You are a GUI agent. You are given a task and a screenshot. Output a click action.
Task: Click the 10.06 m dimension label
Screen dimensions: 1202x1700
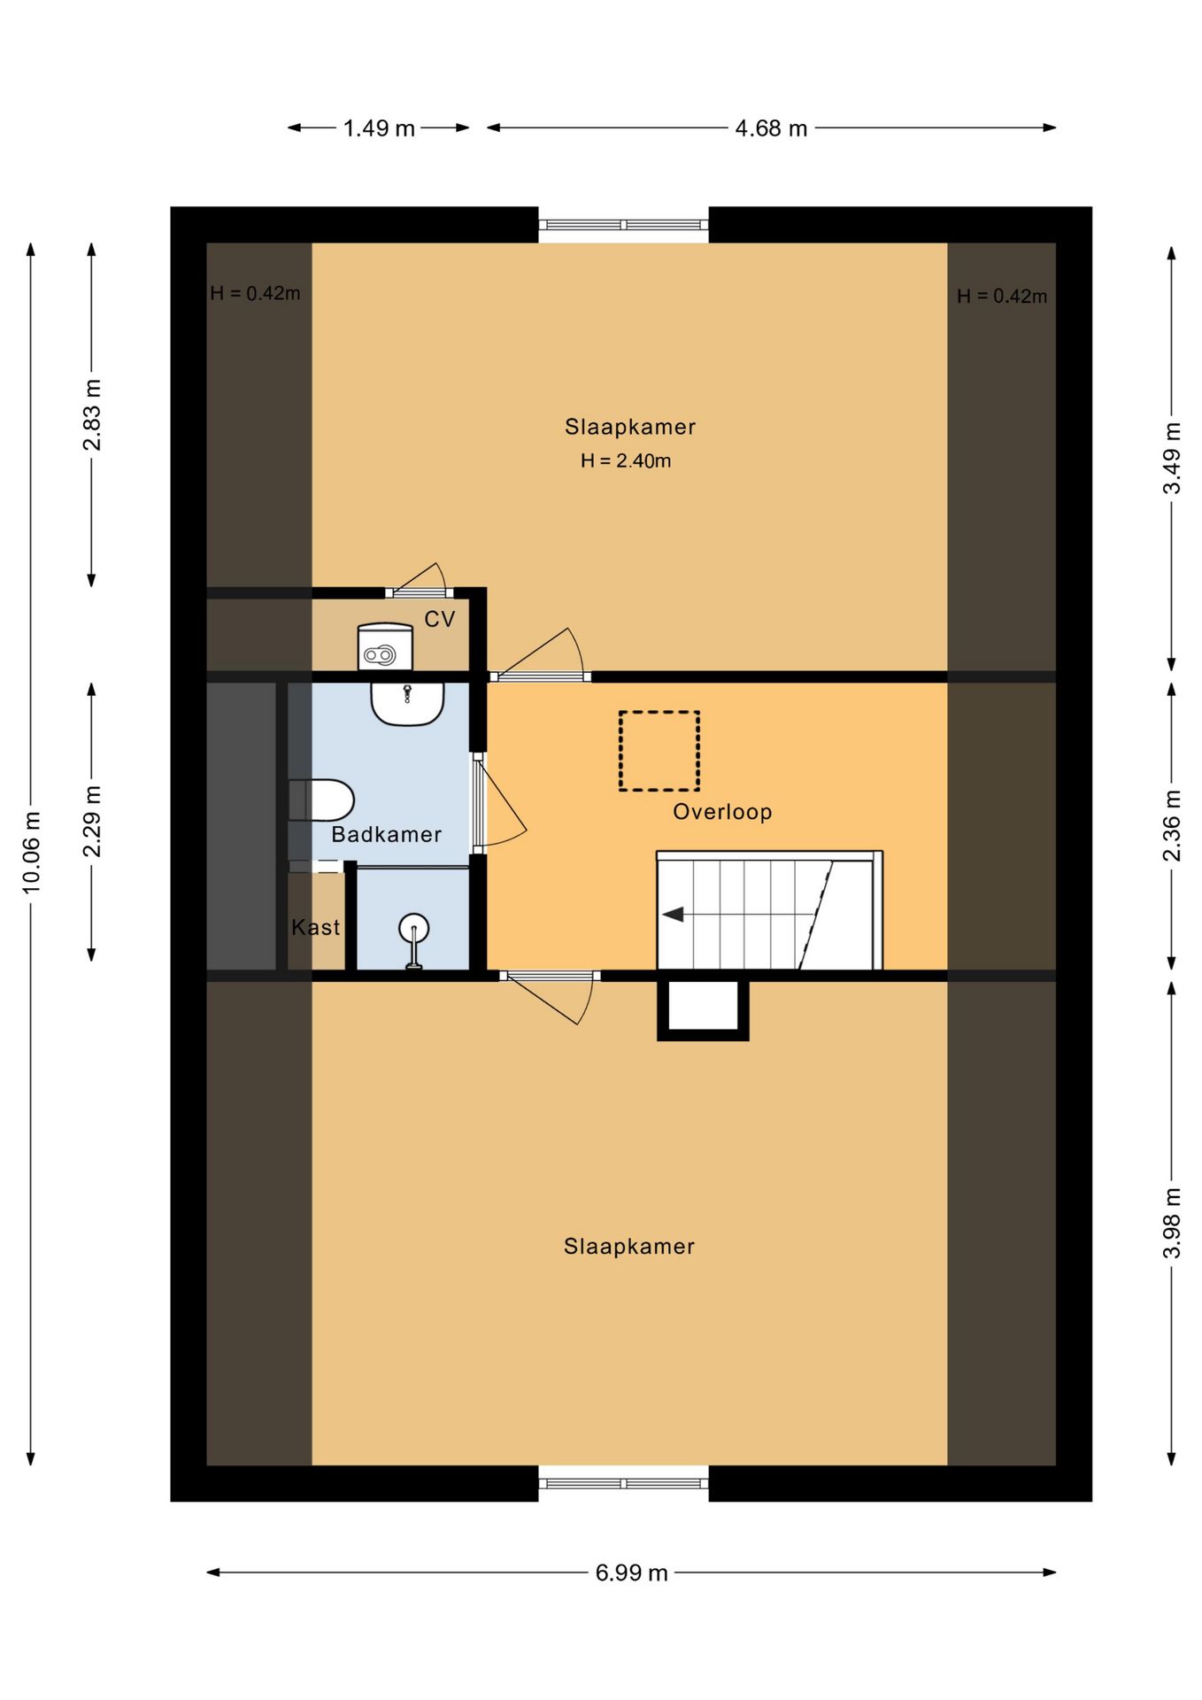(x=31, y=852)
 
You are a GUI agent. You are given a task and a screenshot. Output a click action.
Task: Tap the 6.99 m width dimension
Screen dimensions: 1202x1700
(x=631, y=1572)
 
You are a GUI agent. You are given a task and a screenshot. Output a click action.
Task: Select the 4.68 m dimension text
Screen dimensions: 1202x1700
(x=771, y=128)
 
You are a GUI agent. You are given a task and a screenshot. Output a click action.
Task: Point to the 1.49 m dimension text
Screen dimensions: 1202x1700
(x=379, y=128)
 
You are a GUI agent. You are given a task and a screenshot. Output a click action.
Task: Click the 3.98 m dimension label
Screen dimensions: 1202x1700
(x=1172, y=1223)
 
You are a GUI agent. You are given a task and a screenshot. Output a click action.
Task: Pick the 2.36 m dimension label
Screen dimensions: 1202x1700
(x=1172, y=825)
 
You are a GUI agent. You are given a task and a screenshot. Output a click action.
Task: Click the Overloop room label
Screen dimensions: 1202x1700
(x=722, y=812)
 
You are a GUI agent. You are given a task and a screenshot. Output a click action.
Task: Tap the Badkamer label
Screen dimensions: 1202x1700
(x=386, y=834)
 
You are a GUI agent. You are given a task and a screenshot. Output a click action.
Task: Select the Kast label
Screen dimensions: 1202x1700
(x=316, y=927)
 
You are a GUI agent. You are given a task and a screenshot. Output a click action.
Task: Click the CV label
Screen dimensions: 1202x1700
(x=440, y=619)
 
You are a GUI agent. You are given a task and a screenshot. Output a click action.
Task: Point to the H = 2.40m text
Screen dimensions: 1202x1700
(x=626, y=460)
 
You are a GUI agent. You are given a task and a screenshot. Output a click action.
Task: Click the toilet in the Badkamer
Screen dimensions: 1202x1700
(x=321, y=800)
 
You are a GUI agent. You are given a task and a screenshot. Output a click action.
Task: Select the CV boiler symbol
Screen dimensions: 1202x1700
(x=385, y=647)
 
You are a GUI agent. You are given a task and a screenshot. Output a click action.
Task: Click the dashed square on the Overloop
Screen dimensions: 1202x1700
(x=659, y=751)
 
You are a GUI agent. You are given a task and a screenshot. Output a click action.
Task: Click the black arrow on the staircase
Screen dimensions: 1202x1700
(x=673, y=914)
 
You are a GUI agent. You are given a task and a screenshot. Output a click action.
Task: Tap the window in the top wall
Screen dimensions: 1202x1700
(x=624, y=225)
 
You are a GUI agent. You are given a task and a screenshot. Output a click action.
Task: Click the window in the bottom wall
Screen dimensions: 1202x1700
(x=624, y=1483)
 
